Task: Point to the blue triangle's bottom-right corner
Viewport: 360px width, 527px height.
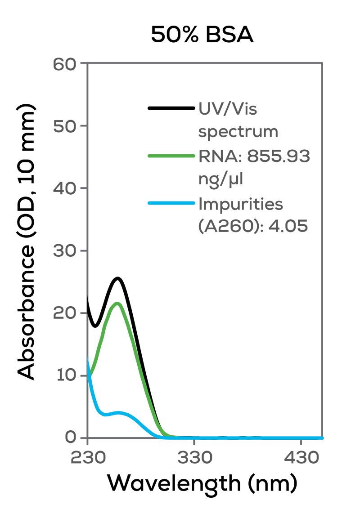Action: [x=322, y=435]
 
